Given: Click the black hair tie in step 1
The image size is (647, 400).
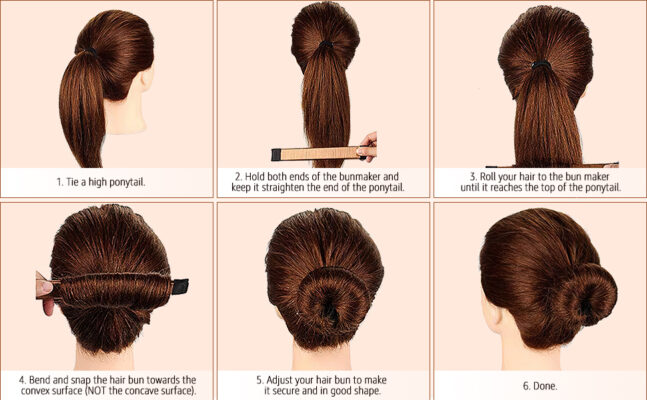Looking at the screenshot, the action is tap(89, 51).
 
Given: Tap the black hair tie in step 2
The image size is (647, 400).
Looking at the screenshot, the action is tap(326, 43).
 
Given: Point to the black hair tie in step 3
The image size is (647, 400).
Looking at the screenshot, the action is tap(541, 64).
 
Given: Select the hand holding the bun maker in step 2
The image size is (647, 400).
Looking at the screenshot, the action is tap(367, 147).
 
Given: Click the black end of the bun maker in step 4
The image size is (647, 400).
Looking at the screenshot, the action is tap(180, 286).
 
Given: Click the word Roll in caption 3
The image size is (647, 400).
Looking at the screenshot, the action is tap(488, 177).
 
